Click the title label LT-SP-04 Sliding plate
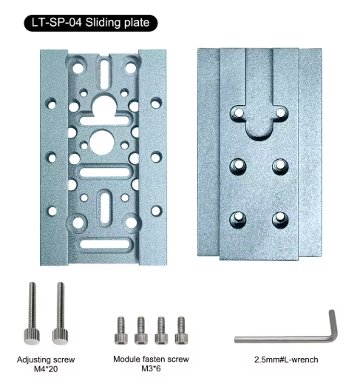90,23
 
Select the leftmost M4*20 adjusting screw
32,313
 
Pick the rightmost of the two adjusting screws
61,313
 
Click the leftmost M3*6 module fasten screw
121,331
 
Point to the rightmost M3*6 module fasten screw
181,331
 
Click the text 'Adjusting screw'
46,360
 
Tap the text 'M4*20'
46,369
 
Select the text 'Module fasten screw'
151,359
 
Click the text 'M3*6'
151,368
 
